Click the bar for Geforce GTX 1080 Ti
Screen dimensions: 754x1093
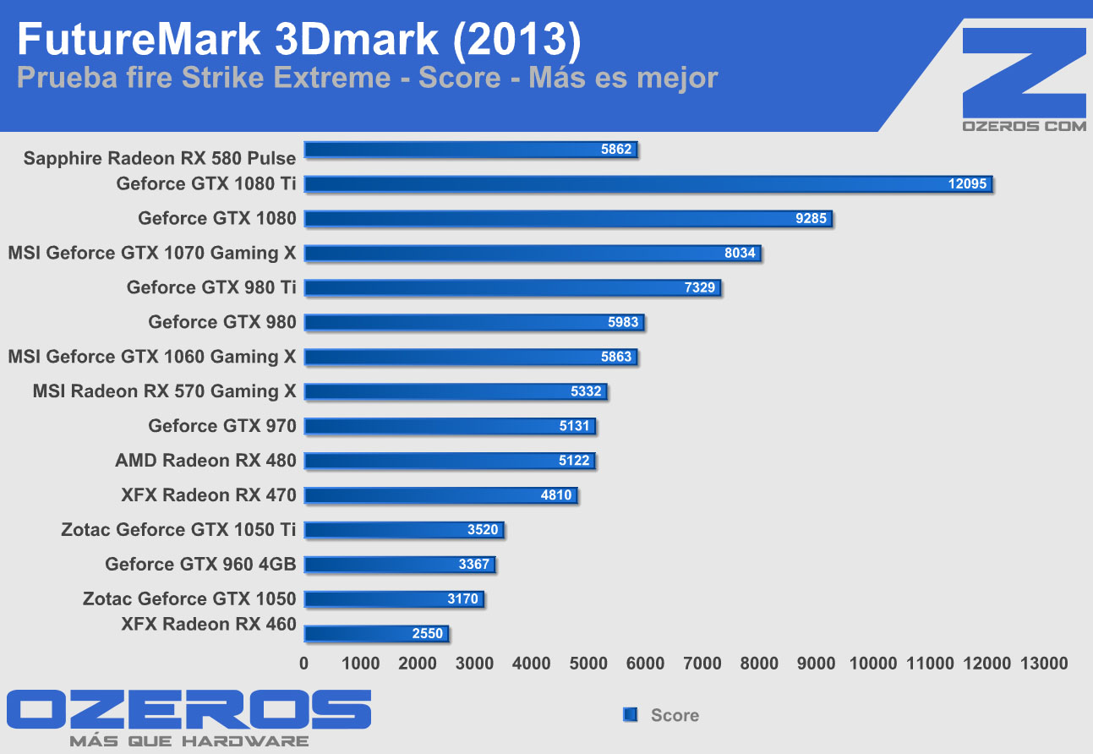click(648, 184)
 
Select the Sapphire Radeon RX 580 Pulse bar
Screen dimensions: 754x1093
click(470, 150)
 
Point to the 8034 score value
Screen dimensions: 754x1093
click(740, 254)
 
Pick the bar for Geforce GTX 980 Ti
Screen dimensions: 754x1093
click(512, 288)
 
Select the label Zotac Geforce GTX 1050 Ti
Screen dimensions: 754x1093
click(178, 530)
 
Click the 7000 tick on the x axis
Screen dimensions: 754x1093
click(702, 664)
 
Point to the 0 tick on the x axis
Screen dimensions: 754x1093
click(304, 664)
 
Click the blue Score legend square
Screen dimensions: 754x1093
click(629, 715)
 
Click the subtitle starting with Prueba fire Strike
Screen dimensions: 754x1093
click(368, 79)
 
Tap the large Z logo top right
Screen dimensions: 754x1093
click(1024, 72)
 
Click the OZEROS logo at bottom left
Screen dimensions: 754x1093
click(189, 711)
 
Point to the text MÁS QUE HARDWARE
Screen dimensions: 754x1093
click(189, 741)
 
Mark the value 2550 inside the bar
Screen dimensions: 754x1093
click(428, 634)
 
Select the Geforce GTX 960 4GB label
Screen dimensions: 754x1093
click(200, 565)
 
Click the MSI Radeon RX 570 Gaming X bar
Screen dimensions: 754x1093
click(456, 391)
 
